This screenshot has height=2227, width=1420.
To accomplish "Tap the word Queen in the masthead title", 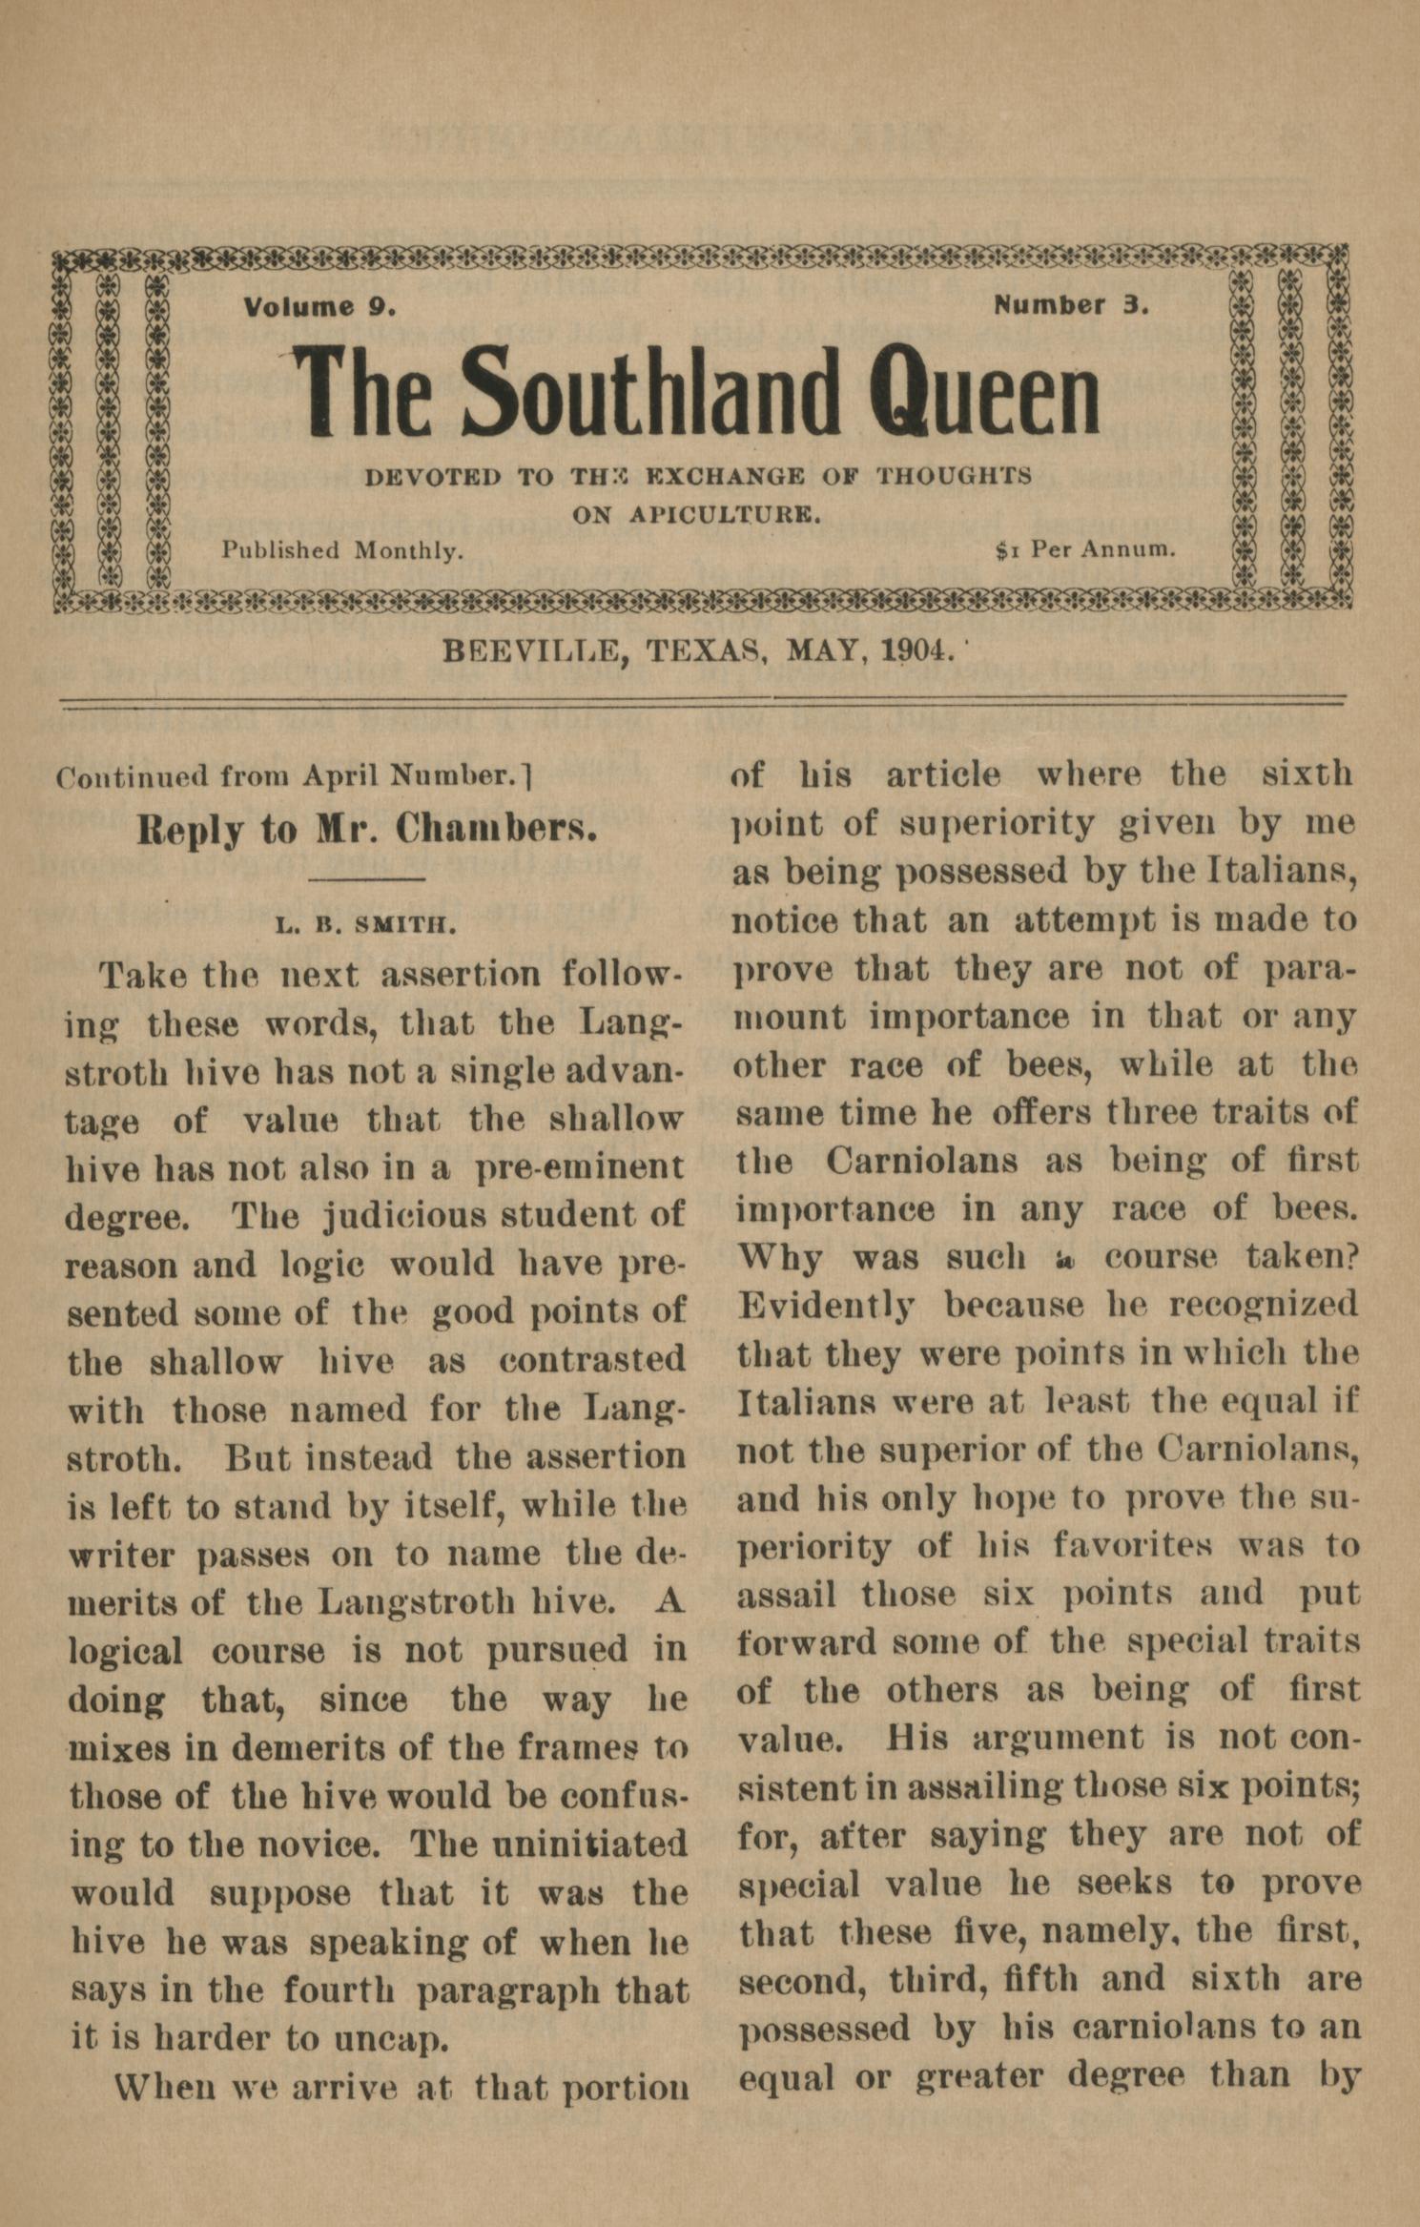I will point(988,392).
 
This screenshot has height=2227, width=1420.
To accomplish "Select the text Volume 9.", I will point(319,307).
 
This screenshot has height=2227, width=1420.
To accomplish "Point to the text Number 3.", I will point(1071,305).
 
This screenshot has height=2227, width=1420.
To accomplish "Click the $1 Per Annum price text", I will point(1084,549).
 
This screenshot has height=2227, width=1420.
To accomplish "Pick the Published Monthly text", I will point(342,550).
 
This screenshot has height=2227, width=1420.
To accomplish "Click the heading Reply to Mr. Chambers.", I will point(367,829).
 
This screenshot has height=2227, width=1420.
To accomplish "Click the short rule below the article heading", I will point(367,877).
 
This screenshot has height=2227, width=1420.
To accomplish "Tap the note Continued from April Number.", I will point(291,777).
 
